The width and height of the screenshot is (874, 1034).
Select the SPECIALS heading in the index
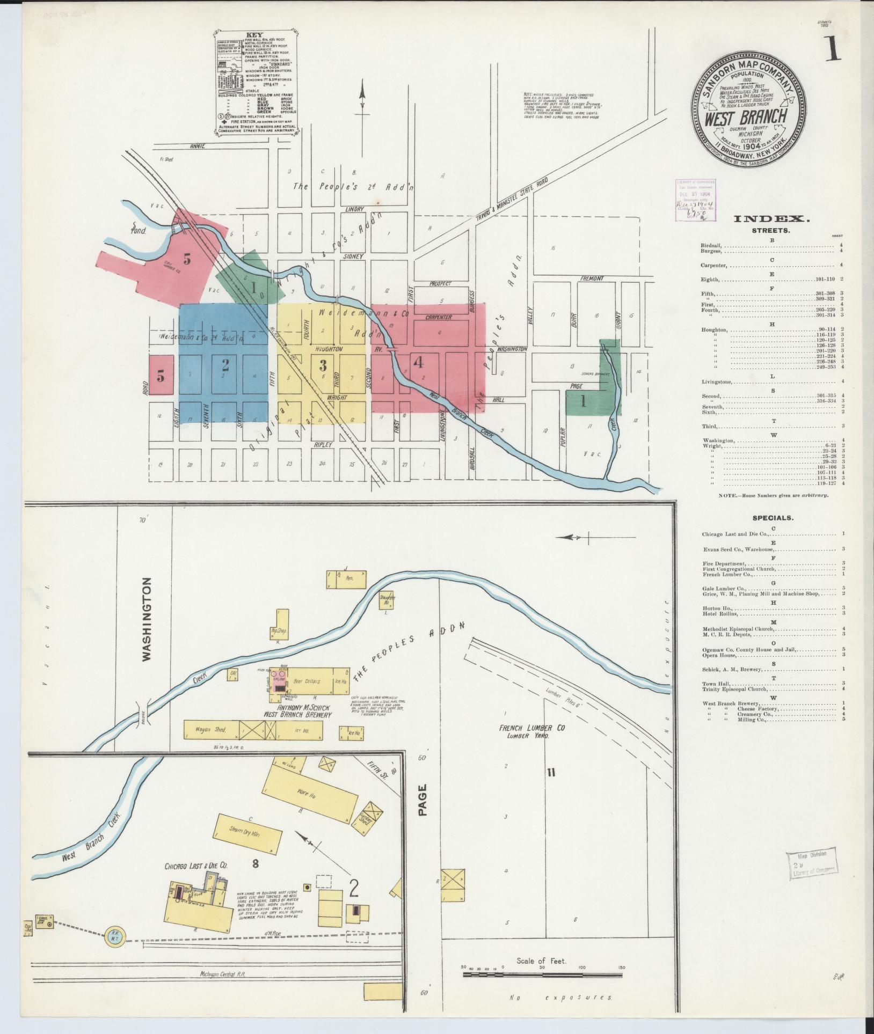(773, 518)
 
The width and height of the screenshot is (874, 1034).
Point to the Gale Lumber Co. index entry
(723, 589)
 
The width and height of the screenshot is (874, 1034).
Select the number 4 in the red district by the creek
(418, 363)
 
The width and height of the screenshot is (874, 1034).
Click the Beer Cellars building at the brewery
(307, 681)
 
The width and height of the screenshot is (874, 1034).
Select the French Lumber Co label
(523, 729)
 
